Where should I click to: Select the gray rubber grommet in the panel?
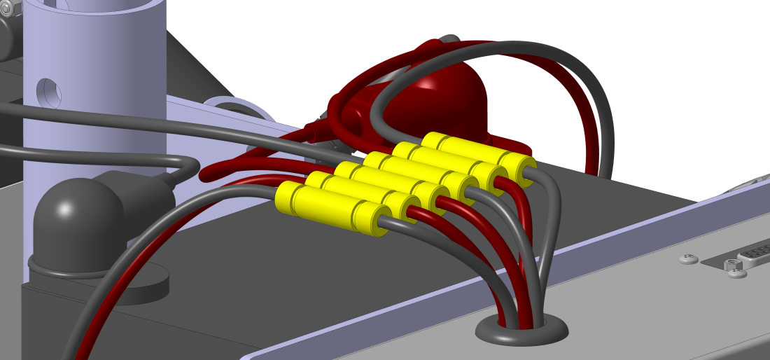tap(521, 331)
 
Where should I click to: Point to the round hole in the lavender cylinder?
tap(49, 91)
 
